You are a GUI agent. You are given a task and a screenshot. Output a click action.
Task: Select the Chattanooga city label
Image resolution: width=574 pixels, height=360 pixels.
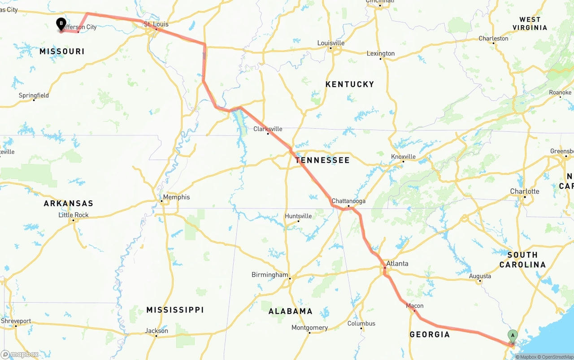348,201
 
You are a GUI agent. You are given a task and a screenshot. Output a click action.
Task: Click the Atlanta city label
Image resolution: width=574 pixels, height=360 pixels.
397,263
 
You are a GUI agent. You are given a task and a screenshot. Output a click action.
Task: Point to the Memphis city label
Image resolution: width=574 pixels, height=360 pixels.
176,197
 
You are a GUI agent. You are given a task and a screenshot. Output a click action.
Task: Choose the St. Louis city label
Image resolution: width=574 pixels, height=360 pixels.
156,24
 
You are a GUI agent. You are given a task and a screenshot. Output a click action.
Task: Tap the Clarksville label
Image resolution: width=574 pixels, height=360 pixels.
268,129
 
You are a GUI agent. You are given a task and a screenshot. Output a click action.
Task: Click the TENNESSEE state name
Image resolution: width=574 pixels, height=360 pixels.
322,160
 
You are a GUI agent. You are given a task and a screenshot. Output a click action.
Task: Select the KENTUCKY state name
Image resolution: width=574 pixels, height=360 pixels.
349,84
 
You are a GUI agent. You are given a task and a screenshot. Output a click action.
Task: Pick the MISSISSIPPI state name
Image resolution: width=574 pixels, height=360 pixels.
175,310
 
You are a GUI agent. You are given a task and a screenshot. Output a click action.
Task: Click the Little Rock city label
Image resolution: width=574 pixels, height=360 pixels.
74,215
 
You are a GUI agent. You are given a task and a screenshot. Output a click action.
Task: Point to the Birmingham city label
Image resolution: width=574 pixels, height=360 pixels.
270,274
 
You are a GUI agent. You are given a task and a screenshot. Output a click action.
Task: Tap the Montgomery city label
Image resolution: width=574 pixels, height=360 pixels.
309,327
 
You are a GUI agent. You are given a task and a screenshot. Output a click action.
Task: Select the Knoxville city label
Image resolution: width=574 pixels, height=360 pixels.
403,156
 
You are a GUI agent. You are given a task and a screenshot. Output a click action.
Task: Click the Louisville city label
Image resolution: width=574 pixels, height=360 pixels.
331,43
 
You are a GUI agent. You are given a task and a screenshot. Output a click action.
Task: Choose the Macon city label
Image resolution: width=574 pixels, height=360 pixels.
414,306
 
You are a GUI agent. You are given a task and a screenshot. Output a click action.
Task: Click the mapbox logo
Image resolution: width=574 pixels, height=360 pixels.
20,354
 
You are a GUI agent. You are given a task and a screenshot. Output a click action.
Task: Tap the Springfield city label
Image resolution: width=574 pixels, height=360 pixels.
34,95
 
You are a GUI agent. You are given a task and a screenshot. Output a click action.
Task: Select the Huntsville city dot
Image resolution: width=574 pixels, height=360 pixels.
298,221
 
